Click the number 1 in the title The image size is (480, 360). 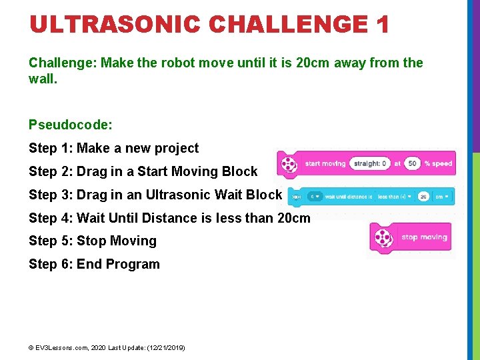pos(382,25)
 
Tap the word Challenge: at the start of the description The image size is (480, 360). pos(62,63)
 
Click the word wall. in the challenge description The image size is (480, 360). pos(41,79)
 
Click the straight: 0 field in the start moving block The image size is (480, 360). pos(370,164)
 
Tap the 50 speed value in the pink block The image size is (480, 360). pos(412,164)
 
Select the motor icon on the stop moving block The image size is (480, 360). pos(383,238)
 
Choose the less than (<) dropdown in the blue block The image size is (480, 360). pos(395,197)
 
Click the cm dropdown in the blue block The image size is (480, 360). pos(442,197)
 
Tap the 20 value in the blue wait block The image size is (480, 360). pos(423,197)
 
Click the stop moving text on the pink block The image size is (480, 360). pos(424,237)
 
